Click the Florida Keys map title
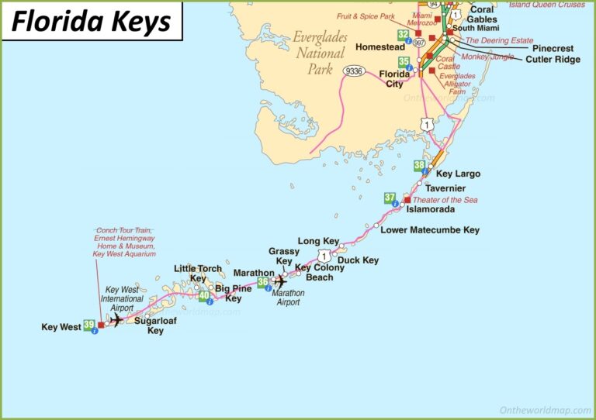click(x=91, y=22)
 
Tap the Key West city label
click(x=61, y=327)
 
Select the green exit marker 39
click(x=89, y=325)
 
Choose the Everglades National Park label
click(x=320, y=53)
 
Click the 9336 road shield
click(x=355, y=71)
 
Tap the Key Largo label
click(x=458, y=174)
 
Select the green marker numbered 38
click(x=420, y=165)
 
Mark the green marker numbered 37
click(x=390, y=198)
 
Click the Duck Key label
click(x=358, y=260)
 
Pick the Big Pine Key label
click(x=233, y=294)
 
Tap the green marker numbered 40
click(x=203, y=295)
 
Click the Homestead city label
click(x=380, y=46)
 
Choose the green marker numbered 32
click(x=403, y=35)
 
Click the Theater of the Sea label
click(x=445, y=199)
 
